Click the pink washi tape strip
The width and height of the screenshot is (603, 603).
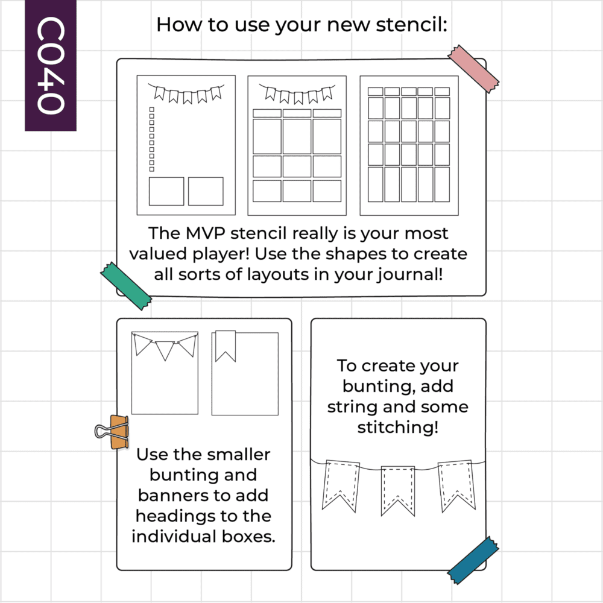click(473, 69)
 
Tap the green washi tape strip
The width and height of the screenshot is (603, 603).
click(126, 286)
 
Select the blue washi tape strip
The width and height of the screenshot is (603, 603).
click(473, 561)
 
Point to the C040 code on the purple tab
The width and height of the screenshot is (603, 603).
click(51, 65)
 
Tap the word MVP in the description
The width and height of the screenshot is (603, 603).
click(206, 233)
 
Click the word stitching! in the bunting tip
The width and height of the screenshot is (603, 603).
click(398, 428)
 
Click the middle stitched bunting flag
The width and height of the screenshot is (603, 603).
click(398, 491)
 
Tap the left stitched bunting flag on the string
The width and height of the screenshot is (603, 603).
click(341, 485)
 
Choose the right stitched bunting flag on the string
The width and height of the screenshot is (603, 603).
click(456, 485)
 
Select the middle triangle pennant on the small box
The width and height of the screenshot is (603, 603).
click(165, 350)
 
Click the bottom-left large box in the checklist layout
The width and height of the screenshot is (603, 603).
click(166, 191)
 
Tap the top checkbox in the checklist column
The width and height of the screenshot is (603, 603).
click(152, 110)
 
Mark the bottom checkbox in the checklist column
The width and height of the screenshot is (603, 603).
click(152, 169)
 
